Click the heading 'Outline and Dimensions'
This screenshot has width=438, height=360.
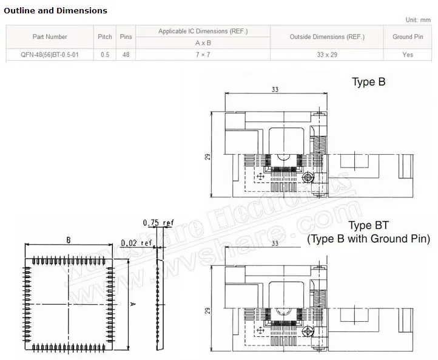tap(55, 10)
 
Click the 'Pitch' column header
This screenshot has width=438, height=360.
tap(105, 37)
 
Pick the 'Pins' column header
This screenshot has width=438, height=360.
tap(126, 37)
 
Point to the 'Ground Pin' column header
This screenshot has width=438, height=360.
tap(408, 37)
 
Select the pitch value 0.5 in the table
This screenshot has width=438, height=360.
tap(105, 55)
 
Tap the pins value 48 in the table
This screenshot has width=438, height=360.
tap(126, 55)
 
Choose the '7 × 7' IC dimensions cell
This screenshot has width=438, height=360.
tap(203, 55)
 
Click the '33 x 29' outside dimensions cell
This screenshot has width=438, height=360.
tap(326, 55)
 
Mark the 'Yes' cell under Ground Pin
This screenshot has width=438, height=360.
tap(408, 55)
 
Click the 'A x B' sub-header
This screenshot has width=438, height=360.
tap(203, 43)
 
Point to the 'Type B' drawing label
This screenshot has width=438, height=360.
tap(369, 82)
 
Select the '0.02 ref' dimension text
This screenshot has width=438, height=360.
tap(136, 243)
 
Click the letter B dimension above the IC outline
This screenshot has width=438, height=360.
tap(69, 240)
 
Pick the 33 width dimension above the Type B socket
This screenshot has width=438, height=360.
tap(275, 89)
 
